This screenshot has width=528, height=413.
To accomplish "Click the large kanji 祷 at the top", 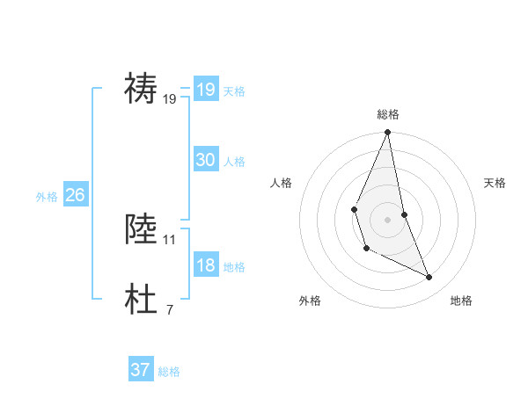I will coord(142,90).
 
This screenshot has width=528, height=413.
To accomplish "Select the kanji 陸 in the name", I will coord(142,229).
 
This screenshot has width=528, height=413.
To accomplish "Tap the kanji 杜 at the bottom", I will coord(142,300).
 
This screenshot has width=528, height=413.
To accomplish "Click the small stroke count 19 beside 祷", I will coord(170,99).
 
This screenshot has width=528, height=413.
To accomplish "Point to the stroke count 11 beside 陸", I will coord(170,239).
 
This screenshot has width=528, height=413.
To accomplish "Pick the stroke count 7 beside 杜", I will coord(170,309).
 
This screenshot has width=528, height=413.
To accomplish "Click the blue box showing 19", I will coord(205,90).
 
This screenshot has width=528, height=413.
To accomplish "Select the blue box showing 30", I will coord(205,160).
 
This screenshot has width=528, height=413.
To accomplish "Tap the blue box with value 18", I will coord(205,265).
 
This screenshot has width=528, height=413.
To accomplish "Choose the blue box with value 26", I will coord(75,195).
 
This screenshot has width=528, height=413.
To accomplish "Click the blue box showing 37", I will coord(140,370).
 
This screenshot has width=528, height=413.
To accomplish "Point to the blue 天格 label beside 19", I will coord(234,91).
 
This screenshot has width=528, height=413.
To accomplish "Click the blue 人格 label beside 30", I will coord(234,162).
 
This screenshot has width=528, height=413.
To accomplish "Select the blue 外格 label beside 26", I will coord(47,197).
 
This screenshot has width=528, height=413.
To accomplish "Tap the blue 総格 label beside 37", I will coord(169,372).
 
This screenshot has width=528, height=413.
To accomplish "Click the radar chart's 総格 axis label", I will coord(388,114).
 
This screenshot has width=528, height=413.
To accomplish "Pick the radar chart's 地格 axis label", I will coord(461,301).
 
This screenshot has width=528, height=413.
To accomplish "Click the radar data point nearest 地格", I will coord(429,277).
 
